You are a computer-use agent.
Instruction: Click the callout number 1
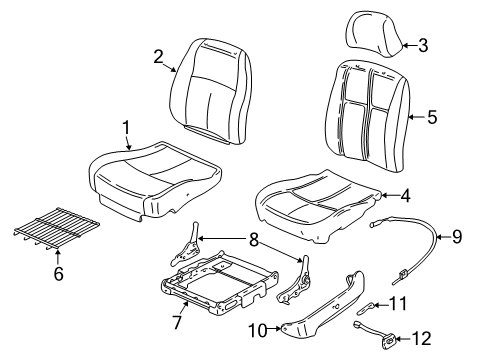coord(127,127)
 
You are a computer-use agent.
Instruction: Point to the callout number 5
coord(432,117)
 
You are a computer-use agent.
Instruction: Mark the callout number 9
coord(456,264)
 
